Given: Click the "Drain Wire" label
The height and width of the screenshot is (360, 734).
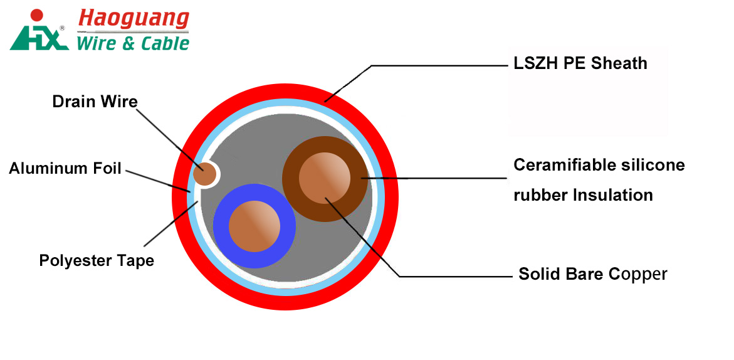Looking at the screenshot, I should (95, 102).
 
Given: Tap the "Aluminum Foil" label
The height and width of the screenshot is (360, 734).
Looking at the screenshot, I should (65, 168).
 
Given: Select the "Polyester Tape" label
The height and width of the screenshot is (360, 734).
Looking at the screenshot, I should (97, 260).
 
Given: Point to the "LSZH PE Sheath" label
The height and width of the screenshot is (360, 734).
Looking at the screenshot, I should (580, 63).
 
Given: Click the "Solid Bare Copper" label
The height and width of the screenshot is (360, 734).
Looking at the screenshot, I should (592, 274).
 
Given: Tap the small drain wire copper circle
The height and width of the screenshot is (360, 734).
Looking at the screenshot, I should (204, 174).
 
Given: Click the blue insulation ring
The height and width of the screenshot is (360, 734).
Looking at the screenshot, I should (220, 226).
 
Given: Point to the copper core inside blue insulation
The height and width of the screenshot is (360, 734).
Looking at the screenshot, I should (254, 226).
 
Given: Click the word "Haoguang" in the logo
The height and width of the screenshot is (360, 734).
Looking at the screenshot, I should (133, 19).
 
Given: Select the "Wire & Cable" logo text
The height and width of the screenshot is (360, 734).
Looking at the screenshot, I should (132, 43).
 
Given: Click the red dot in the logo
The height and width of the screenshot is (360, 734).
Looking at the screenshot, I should (37, 14).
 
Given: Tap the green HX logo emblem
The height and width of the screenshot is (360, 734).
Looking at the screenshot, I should (38, 38).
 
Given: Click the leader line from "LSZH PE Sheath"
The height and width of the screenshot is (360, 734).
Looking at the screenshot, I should (439, 65).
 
